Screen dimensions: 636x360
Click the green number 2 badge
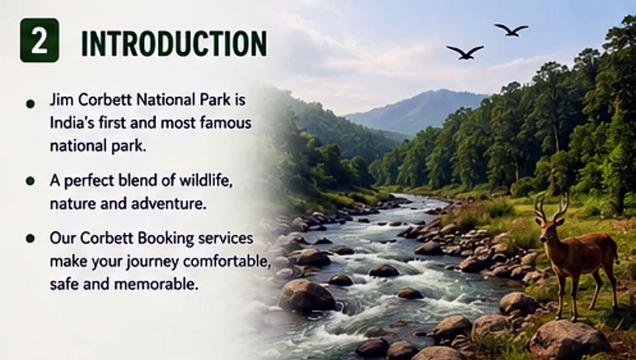point(39,40)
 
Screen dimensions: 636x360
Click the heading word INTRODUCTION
point(174,43)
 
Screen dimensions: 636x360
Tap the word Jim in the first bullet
point(59,100)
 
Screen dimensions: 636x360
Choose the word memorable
point(155,284)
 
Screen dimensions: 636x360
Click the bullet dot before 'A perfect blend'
point(30,181)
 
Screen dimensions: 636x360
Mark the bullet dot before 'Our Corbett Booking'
point(30,238)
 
